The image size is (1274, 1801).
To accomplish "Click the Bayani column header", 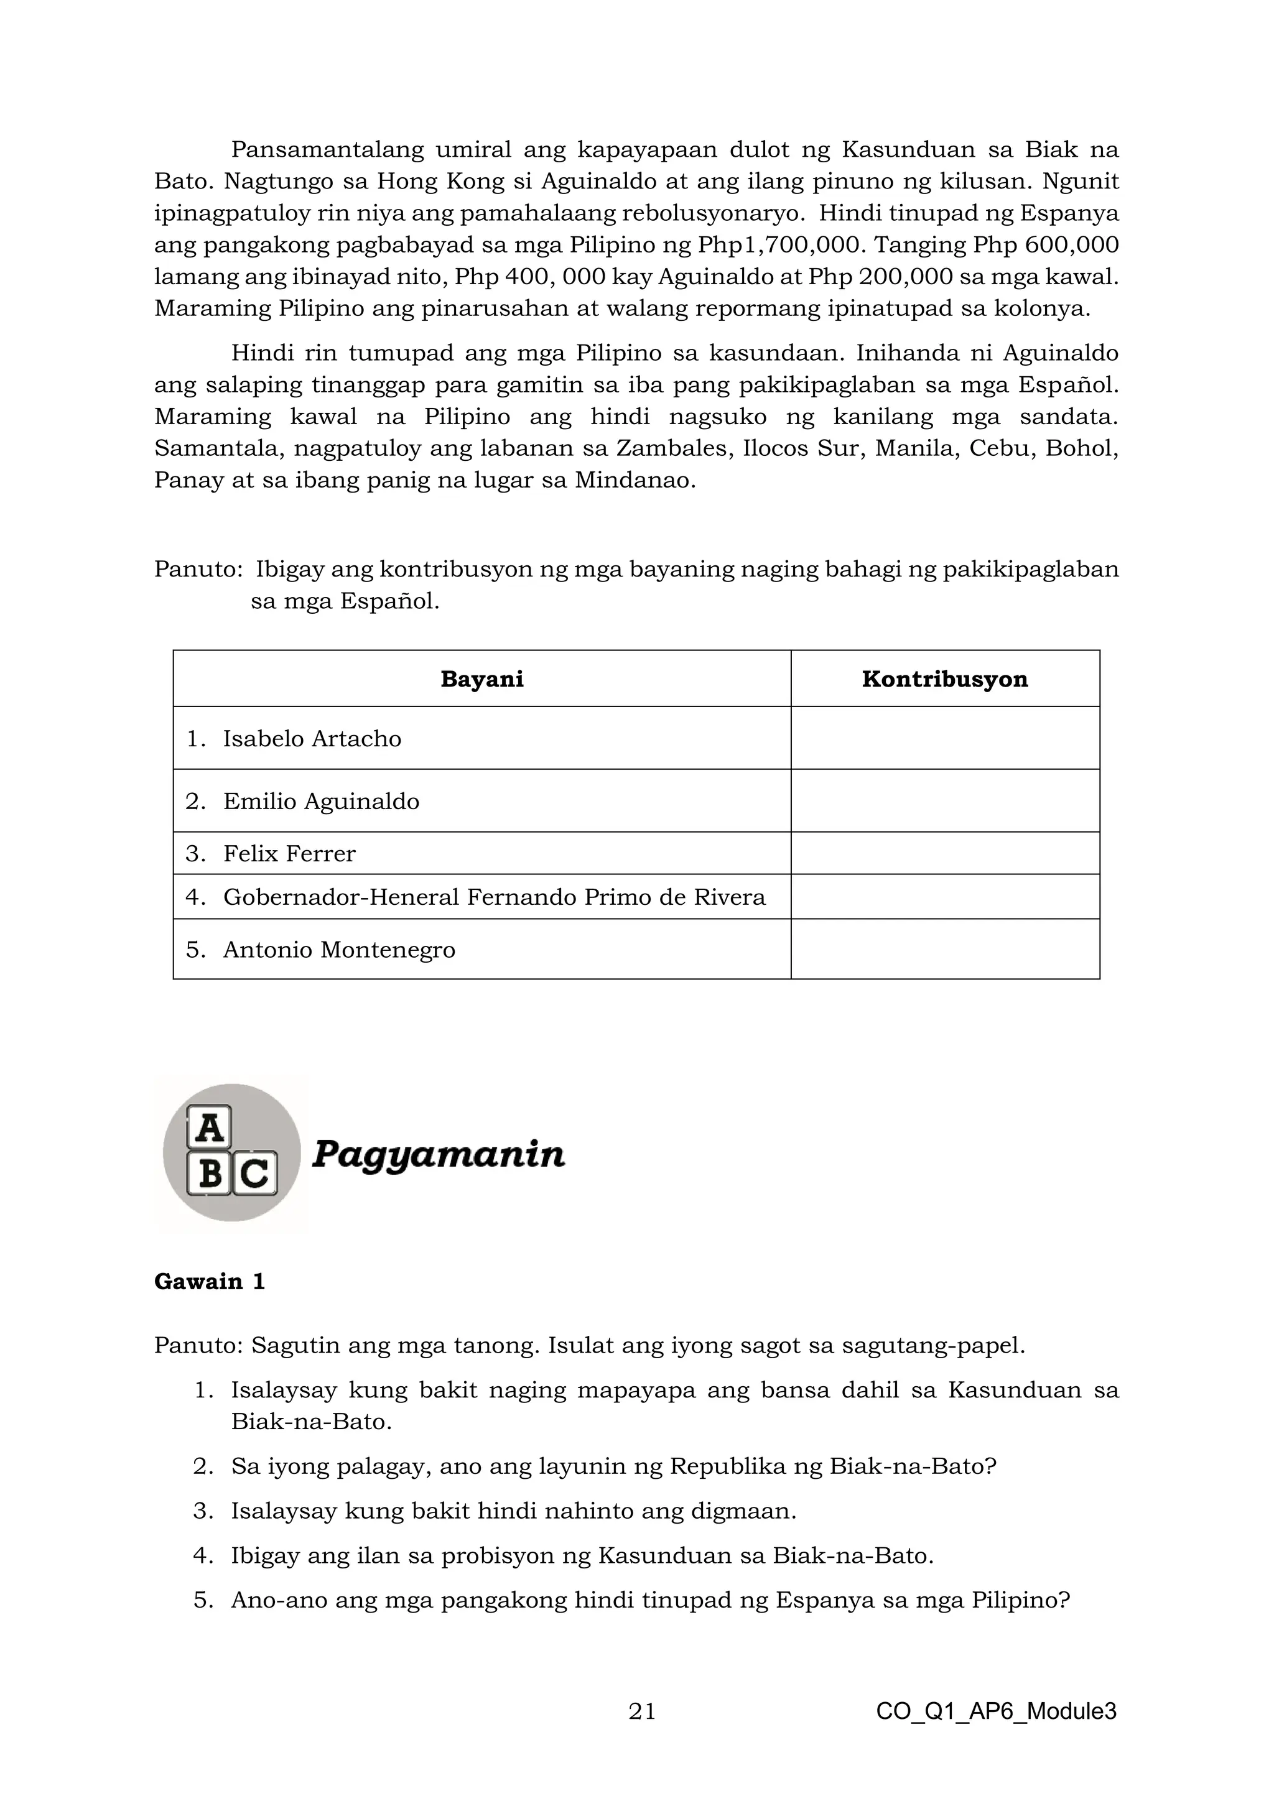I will click(x=481, y=679).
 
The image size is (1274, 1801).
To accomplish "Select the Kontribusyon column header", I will click(x=944, y=679).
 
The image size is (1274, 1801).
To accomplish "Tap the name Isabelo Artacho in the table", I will click(x=312, y=739).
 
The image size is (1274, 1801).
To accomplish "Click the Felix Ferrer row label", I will click(x=289, y=853).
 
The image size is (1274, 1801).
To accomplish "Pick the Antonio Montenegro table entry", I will click(x=339, y=950).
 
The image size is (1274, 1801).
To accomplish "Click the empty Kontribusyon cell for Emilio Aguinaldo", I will click(x=944, y=801).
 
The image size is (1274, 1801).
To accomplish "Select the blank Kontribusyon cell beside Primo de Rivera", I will click(x=944, y=897).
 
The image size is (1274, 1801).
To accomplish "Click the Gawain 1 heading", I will click(x=210, y=1282).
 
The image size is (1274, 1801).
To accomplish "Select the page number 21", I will click(x=642, y=1711).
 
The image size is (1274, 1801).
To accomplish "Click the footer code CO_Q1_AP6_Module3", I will click(x=995, y=1711).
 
